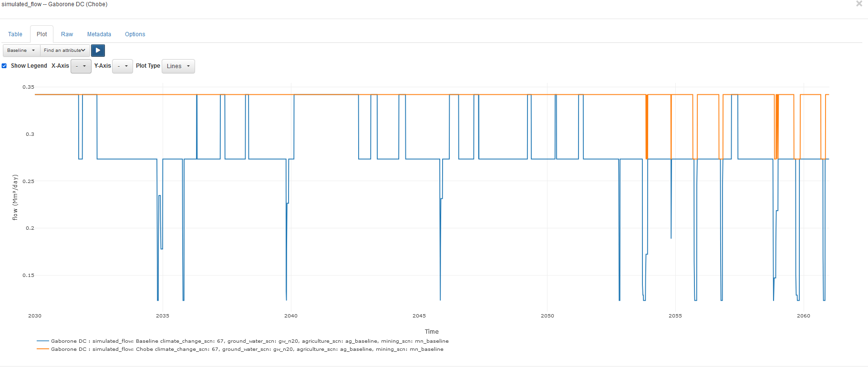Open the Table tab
15,34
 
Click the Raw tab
67,34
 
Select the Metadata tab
99,34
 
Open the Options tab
135,34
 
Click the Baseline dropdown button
21,51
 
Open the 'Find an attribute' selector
65,51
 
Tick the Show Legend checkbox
4,66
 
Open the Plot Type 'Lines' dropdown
178,66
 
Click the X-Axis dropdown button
81,66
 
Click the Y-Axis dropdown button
122,66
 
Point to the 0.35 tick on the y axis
29,87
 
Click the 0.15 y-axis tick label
29,276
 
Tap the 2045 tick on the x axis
419,316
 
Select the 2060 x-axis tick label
804,316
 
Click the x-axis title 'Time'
432,332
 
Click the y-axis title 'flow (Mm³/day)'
15,197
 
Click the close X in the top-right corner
859,4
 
